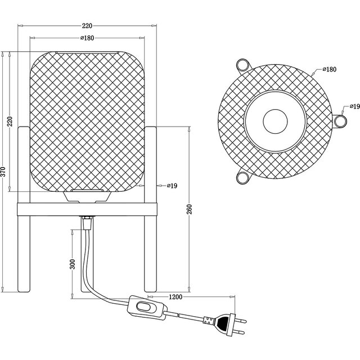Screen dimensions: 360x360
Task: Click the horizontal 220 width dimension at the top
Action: pos(87,26)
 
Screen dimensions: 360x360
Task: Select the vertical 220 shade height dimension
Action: pos(9,123)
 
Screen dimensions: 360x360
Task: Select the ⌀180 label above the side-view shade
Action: pos(87,38)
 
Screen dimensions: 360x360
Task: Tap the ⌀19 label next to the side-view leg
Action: pos(172,186)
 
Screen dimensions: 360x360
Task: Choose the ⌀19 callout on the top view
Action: pos(353,106)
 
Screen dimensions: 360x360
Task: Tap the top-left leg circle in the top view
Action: pos(243,63)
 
